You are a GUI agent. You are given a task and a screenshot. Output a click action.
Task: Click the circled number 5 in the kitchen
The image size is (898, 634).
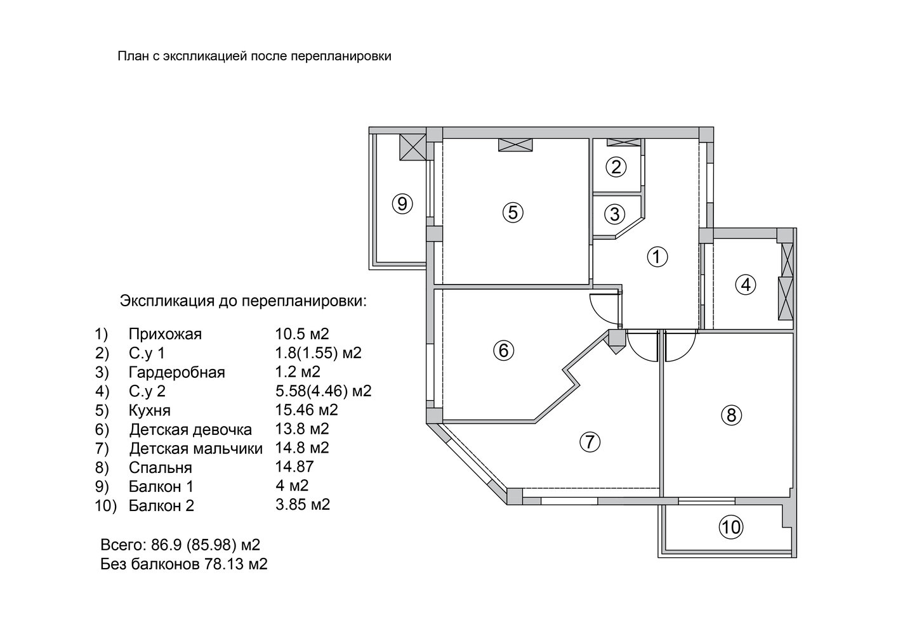513,212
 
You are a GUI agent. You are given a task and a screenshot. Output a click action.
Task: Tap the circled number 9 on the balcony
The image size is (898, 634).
402,204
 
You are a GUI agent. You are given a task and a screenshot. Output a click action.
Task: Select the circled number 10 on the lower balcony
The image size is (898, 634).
731,527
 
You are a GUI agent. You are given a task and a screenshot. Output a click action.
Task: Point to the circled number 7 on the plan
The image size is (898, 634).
590,442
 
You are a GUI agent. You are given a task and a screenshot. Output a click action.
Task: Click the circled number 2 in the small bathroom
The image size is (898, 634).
616,167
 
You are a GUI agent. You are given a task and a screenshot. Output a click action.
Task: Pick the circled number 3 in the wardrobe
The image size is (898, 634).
614,214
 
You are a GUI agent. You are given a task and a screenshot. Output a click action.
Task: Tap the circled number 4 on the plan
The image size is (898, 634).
746,285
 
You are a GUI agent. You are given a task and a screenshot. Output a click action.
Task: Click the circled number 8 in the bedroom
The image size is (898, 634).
731,415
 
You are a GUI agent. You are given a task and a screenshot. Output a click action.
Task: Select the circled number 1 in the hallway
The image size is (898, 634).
657,256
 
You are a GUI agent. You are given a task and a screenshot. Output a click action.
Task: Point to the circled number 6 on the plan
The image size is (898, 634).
503,351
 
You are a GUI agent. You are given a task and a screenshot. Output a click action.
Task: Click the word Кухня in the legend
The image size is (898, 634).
150,411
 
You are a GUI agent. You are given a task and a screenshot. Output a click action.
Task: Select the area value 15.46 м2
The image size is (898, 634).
307,410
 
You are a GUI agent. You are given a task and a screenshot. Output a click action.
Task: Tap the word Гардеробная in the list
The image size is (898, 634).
177,372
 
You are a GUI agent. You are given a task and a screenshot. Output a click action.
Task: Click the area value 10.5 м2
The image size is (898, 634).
302,333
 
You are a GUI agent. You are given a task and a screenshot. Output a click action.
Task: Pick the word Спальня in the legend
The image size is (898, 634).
161,467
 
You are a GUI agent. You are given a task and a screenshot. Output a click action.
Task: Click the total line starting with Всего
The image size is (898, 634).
180,545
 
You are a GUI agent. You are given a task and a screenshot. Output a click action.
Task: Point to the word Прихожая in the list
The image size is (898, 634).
165,334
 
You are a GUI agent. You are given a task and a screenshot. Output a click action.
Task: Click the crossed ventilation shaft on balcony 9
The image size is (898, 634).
413,147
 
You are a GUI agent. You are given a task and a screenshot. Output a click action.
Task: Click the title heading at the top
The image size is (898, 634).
254,56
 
